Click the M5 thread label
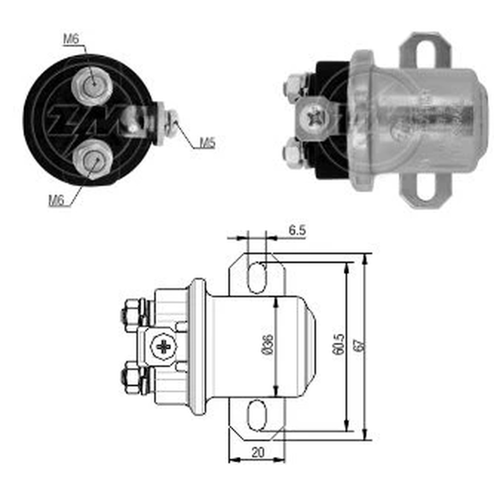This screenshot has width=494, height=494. [207, 143]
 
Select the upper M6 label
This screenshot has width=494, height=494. [71, 39]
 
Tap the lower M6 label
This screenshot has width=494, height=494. [56, 201]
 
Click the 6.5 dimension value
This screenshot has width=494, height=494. [297, 230]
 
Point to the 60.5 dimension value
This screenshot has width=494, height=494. [338, 344]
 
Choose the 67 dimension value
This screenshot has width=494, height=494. [359, 345]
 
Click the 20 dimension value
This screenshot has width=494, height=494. [258, 453]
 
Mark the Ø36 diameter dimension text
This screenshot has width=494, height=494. [268, 344]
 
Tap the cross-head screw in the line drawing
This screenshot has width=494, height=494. [164, 347]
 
